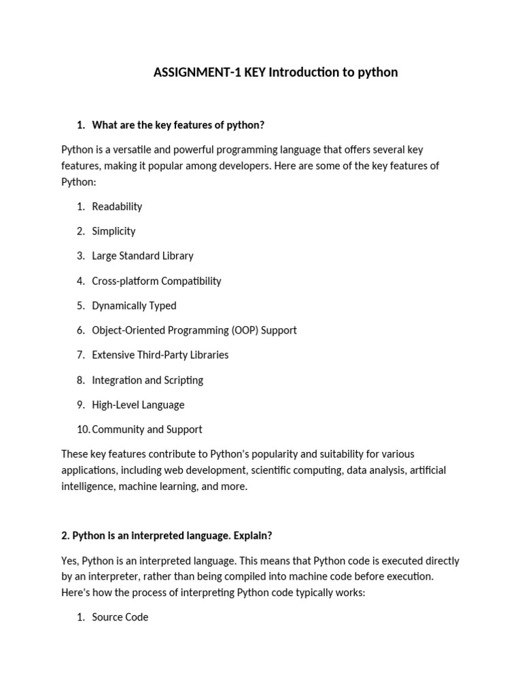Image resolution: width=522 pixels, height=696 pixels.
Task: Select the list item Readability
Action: pos(117,207)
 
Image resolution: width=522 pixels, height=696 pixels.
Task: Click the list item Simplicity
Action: pos(114,231)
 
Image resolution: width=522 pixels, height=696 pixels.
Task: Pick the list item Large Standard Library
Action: pos(143,256)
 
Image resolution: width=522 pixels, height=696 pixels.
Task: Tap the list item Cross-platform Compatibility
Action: pos(156,281)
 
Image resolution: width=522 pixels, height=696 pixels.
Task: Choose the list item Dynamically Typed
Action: pos(134,306)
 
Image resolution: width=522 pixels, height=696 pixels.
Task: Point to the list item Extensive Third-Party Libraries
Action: pos(160,355)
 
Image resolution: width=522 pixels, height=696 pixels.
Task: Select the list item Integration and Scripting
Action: pos(147,380)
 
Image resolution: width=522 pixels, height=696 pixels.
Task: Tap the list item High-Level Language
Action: pos(138,404)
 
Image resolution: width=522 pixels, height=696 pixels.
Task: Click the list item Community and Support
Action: pos(147,430)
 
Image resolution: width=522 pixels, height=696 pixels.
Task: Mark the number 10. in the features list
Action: pos(83,430)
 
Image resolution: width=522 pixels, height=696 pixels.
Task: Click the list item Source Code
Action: pos(120,617)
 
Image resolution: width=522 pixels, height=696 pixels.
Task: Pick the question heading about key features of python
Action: pos(177,125)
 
